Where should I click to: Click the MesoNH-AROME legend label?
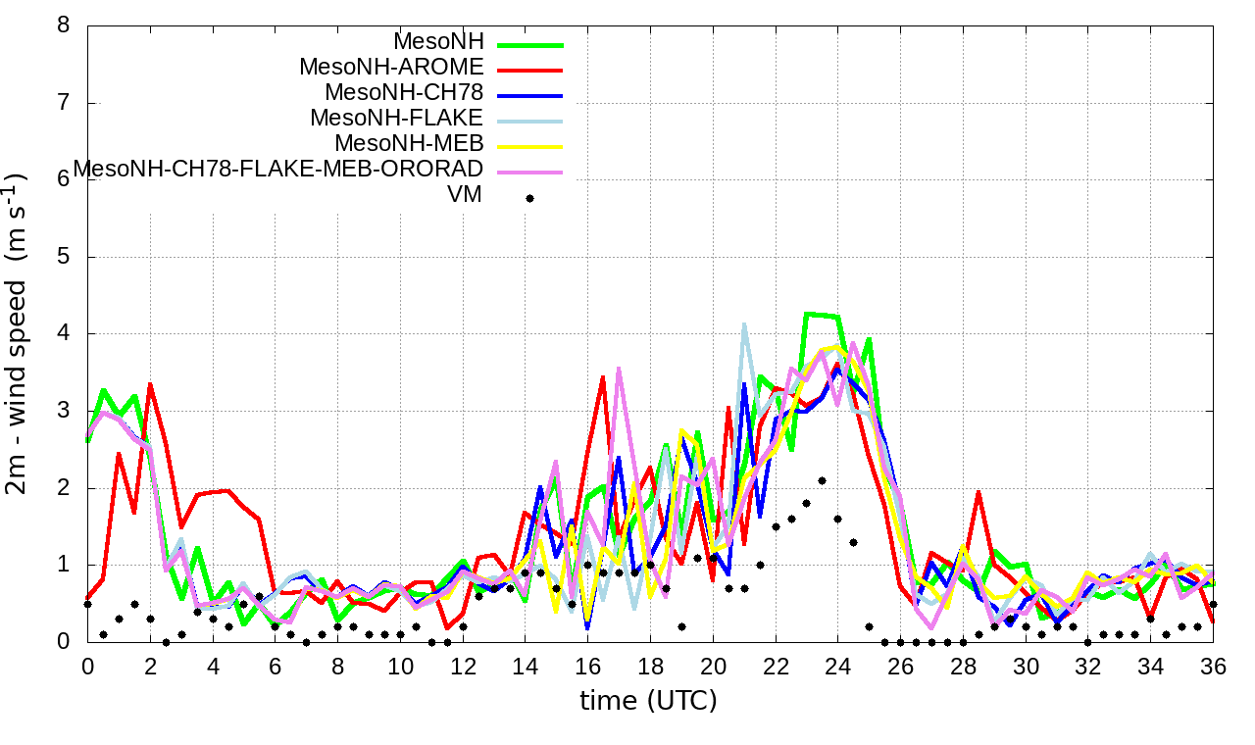pos(392,68)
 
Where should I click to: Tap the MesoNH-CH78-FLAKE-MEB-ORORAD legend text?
pos(278,170)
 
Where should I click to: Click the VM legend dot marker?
pos(529,198)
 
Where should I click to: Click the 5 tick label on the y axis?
pos(64,257)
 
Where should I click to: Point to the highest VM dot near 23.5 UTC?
pos(822,480)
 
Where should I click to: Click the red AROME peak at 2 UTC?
pos(150,384)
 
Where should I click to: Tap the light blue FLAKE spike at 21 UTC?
pos(744,323)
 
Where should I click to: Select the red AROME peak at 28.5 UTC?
pos(979,492)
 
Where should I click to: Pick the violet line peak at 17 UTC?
pos(619,369)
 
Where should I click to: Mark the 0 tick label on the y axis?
pos(64,642)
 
